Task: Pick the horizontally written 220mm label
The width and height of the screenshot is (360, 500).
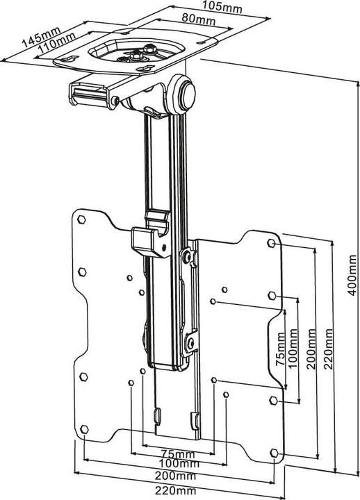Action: coord(176,490)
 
